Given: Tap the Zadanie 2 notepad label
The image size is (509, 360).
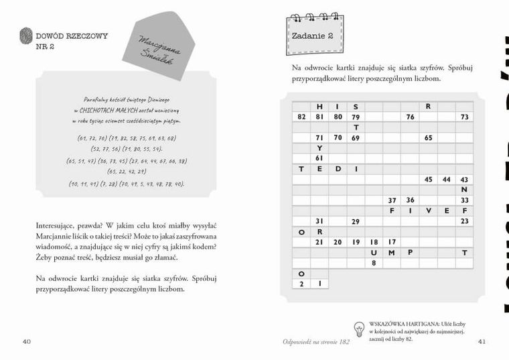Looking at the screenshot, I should point(312,36).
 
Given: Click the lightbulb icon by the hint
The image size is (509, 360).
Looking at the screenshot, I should point(358,328).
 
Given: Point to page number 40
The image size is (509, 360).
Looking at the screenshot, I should point(27,341).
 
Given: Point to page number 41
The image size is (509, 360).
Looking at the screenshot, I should point(482,341).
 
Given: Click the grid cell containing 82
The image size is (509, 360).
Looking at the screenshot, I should point(301,117).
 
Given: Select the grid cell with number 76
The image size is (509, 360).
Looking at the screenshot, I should point(410,117).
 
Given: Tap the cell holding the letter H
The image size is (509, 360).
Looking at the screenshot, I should point(319,107).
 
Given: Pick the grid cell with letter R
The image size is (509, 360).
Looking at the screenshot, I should point(428,107).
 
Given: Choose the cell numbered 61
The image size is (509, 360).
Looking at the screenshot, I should point(319,158).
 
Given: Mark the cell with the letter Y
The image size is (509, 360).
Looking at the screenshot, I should point(319,148).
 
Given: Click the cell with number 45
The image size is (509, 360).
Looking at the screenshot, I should point(428,180).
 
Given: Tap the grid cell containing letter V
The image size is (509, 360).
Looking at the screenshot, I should point(428,211).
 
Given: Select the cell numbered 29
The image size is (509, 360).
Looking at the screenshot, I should point(356,221).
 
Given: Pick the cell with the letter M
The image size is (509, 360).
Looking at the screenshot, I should point(392,252).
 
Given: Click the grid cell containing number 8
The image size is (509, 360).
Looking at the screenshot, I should point(374,263).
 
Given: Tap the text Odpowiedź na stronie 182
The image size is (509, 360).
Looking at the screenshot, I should point(316,342).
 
